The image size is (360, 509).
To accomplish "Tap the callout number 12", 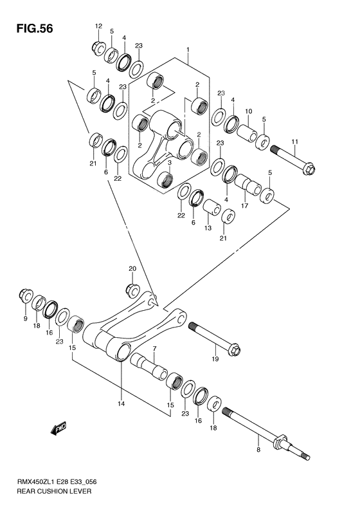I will (x=98, y=26).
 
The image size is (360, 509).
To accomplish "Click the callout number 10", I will (x=249, y=112).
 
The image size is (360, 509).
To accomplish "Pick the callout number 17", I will (x=244, y=206).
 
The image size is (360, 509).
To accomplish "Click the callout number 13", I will (x=208, y=228).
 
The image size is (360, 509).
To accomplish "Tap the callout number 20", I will (x=132, y=268).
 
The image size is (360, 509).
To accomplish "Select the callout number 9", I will (x=25, y=319).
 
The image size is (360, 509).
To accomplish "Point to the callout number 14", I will (x=121, y=403).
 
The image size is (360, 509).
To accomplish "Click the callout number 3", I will (x=169, y=163).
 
